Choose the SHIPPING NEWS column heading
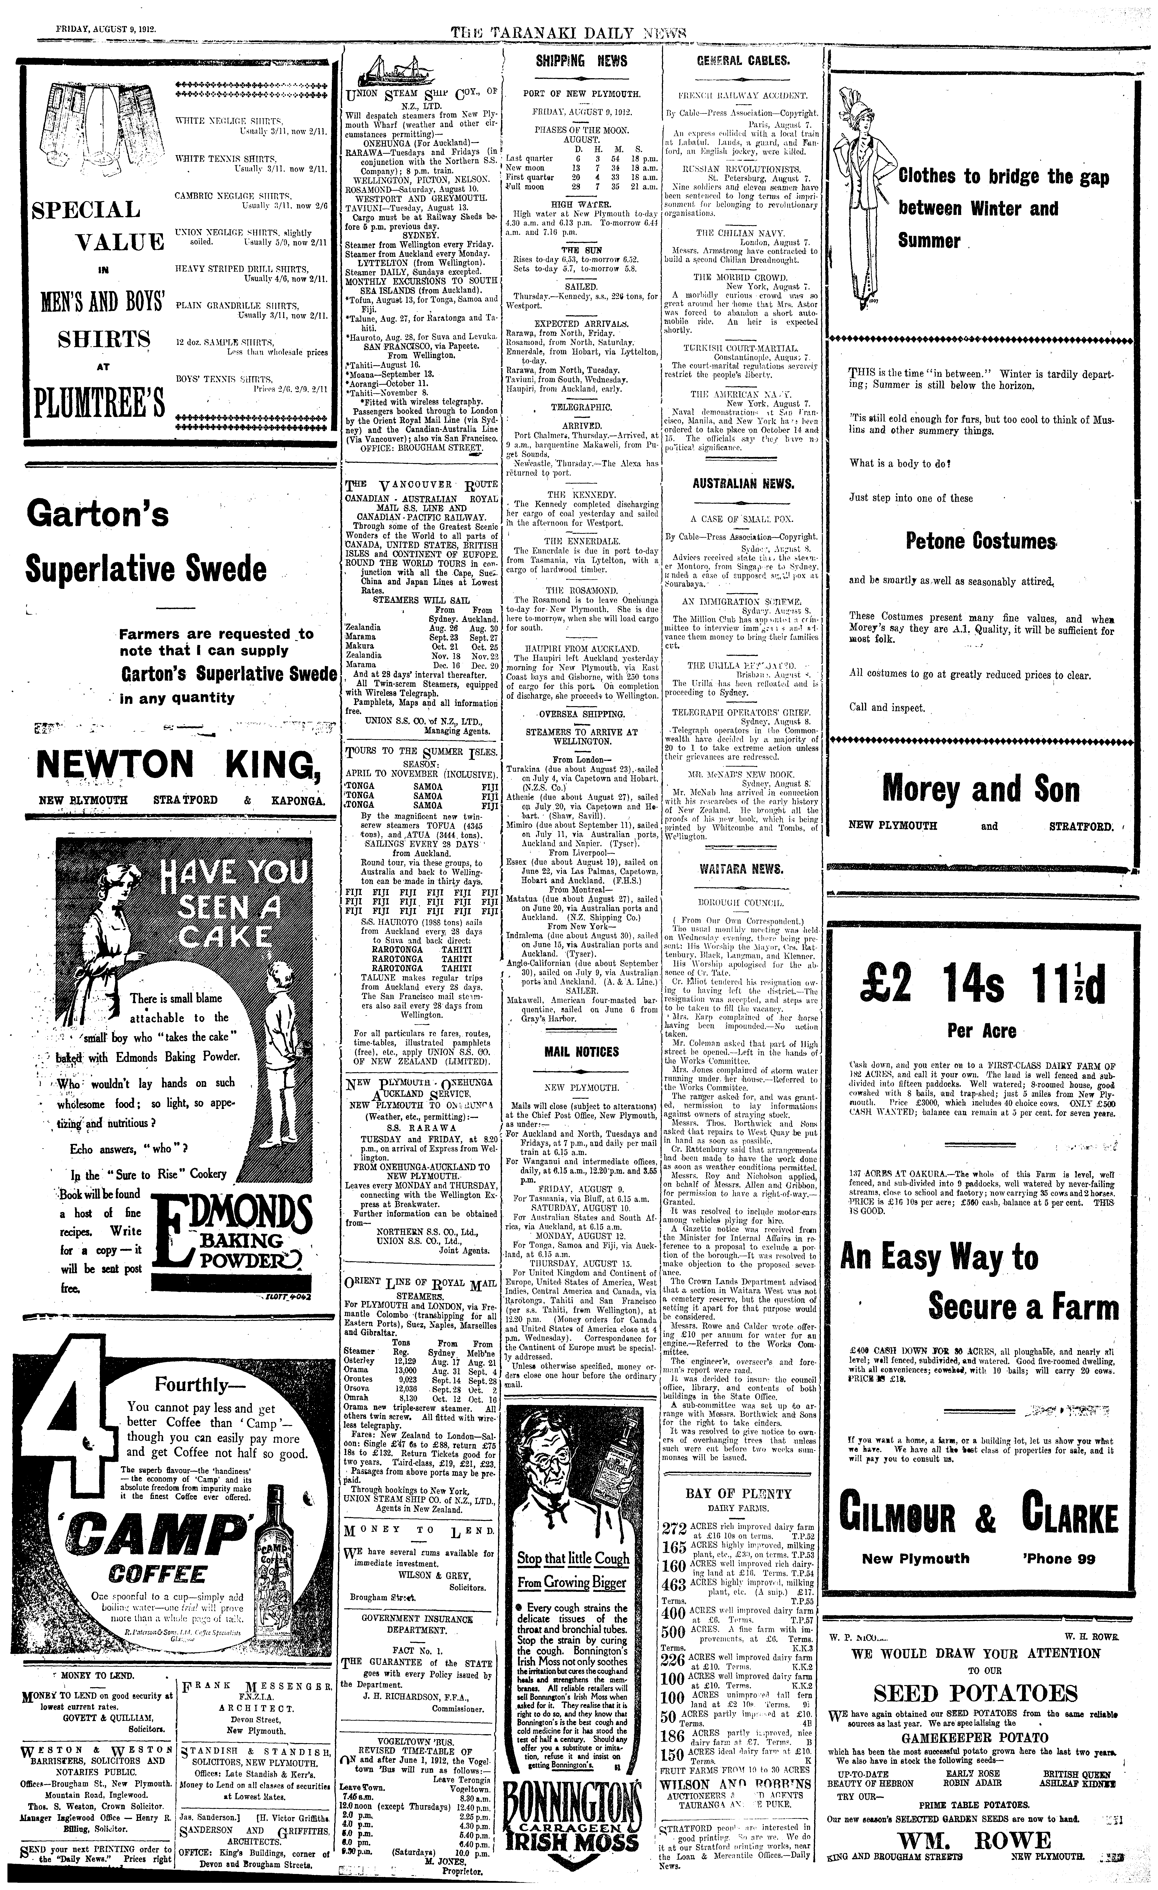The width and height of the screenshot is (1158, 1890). click(581, 61)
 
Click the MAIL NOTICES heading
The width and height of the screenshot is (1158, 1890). click(581, 1052)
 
